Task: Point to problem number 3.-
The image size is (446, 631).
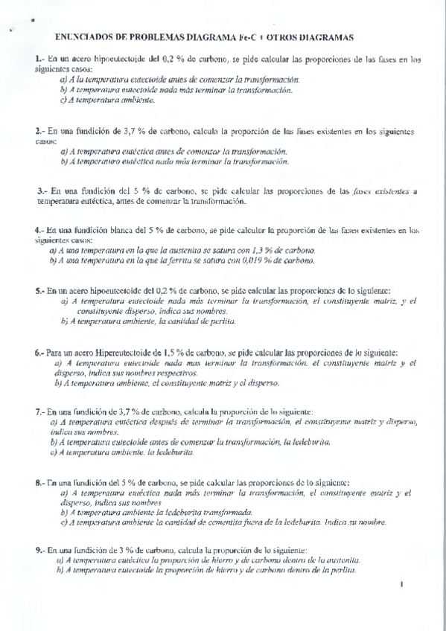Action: (42, 191)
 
